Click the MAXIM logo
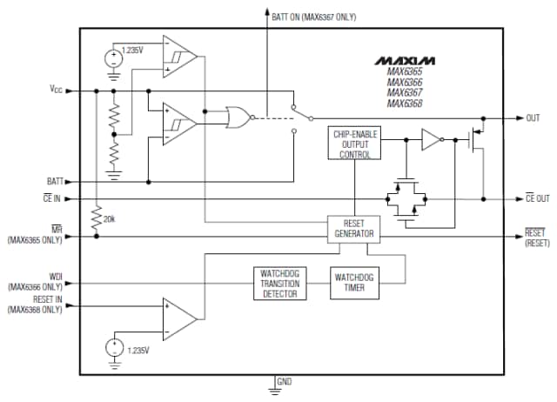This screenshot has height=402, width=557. tap(405, 61)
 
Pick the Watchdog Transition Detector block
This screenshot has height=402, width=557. tap(279, 283)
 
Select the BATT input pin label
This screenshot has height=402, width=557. tap(56, 182)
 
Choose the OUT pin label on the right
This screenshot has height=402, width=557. tap(533, 117)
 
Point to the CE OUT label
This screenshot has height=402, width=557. tap(537, 198)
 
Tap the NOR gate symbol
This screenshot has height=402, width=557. tap(236, 116)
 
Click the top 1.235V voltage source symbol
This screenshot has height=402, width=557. tap(113, 59)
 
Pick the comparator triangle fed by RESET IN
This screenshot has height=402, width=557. tap(179, 318)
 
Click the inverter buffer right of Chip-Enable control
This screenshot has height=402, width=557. tap(432, 139)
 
